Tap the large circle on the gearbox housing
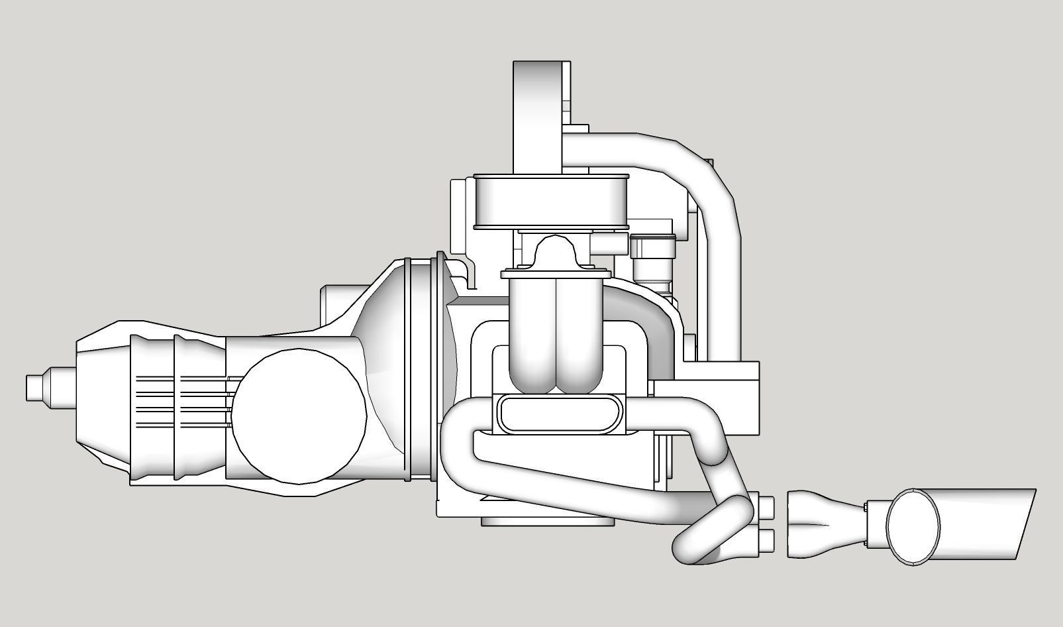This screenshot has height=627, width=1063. click(299, 416)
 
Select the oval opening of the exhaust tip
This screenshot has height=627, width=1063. click(913, 526)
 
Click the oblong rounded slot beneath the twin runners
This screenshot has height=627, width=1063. click(560, 414)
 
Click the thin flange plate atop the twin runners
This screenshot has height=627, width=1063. click(556, 273)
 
